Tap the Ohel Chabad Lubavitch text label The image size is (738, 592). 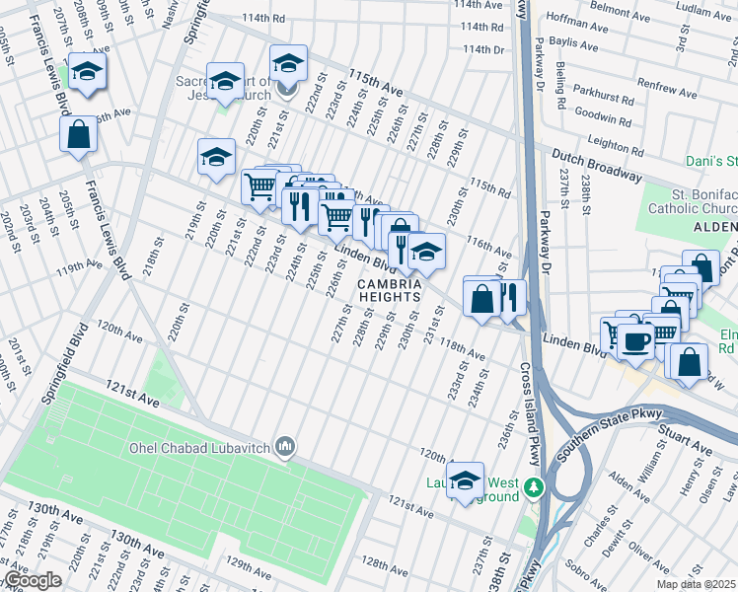[x=201, y=447]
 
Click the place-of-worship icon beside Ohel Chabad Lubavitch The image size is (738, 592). [x=286, y=448]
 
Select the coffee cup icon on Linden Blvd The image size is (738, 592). [x=636, y=341]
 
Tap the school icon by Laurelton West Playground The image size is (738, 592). [x=465, y=481]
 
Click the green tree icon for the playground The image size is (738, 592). [x=534, y=486]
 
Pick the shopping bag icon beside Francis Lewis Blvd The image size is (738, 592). [x=78, y=134]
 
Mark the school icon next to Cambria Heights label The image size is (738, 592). [x=426, y=253]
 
